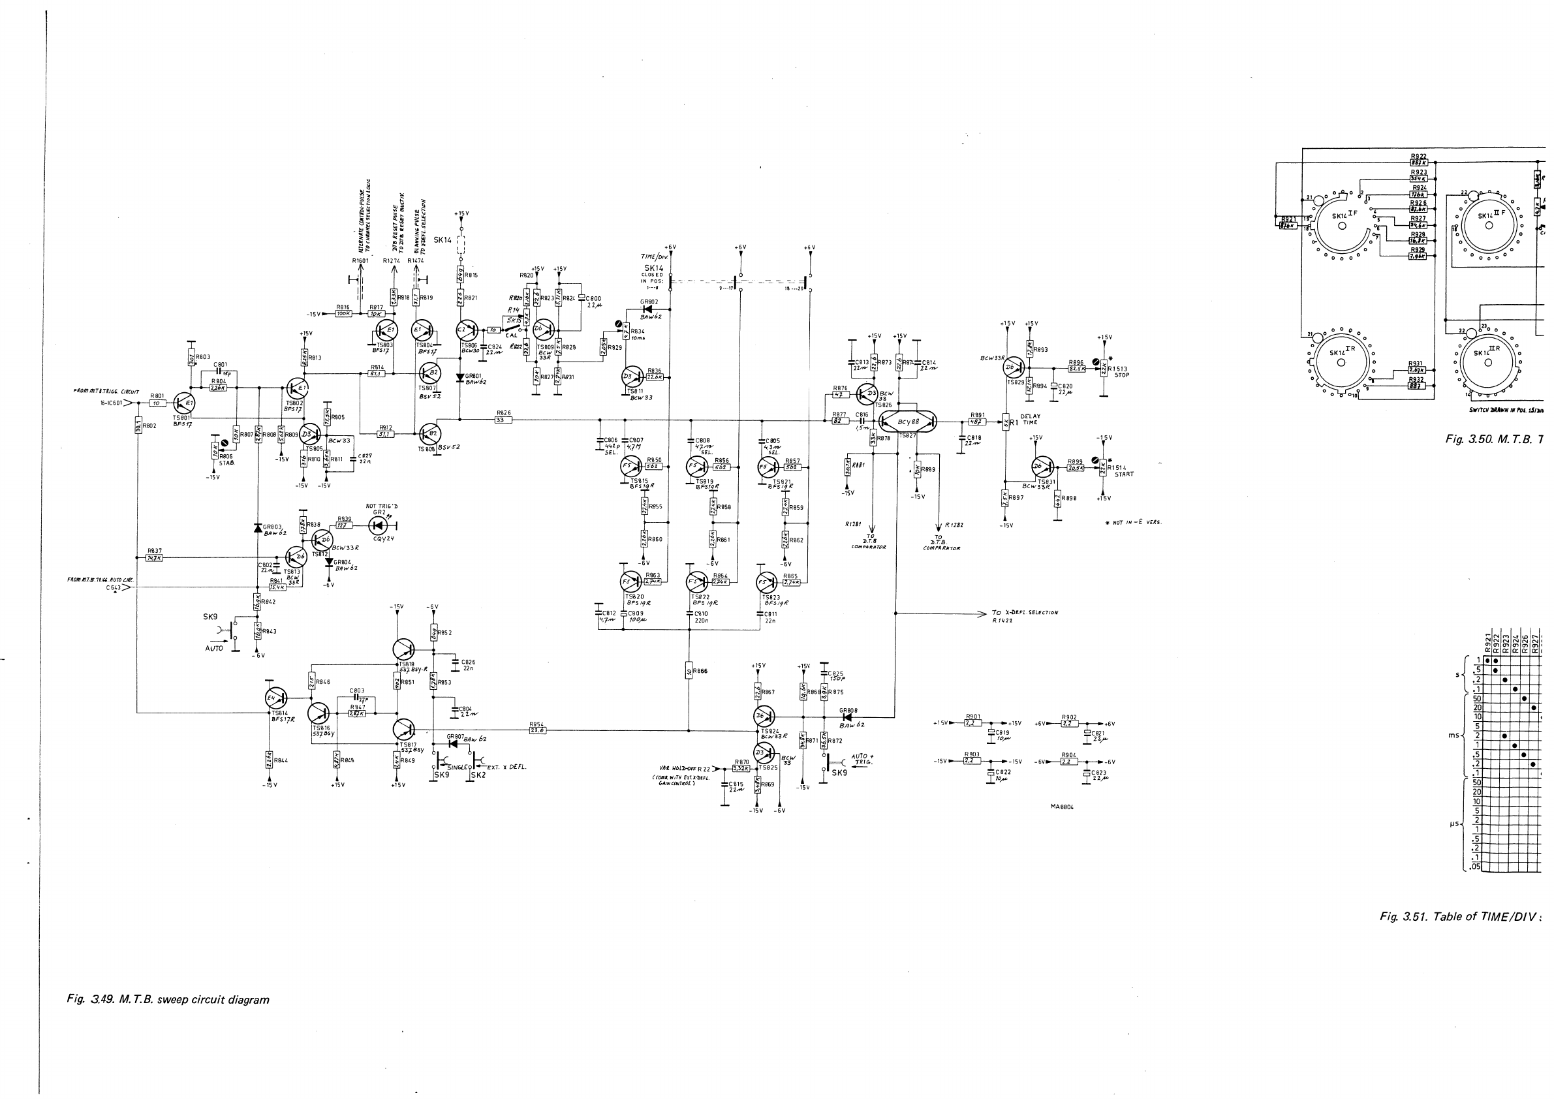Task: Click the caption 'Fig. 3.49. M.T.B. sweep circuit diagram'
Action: point(168,1000)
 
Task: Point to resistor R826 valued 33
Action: point(503,420)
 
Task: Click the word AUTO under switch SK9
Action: point(214,648)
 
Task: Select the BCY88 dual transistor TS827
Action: point(908,422)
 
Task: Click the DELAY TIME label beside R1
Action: point(1030,419)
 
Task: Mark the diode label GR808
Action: point(848,711)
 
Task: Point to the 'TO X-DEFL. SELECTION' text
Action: point(1025,612)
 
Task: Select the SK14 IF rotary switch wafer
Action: point(1341,226)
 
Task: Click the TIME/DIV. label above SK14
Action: point(655,257)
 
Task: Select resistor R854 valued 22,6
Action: point(538,730)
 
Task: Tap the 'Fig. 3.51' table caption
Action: point(1462,917)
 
